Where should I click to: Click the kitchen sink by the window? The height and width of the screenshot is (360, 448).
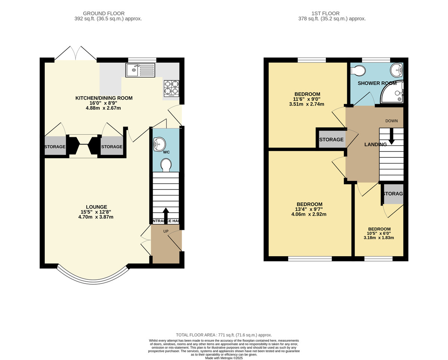tap(140, 70)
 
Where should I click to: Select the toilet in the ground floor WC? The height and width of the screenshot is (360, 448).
tap(166, 165)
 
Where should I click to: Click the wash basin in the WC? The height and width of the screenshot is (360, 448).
tap(159, 144)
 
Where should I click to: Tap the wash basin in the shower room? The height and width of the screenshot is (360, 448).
tap(396, 70)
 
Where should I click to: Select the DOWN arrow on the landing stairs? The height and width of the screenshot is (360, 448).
tap(392, 136)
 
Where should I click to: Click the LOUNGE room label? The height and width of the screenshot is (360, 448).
tap(96, 207)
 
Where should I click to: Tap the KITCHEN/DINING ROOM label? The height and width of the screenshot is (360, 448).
tap(104, 98)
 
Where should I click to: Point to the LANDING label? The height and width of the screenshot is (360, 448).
tap(375, 144)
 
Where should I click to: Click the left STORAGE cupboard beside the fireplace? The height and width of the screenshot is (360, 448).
tap(55, 147)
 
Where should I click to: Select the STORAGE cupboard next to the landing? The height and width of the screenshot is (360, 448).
tap(331, 140)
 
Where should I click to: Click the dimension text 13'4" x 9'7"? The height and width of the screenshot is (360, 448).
tap(309, 209)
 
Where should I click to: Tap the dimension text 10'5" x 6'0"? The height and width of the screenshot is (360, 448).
tap(379, 234)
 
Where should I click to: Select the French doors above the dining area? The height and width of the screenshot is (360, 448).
tap(76, 53)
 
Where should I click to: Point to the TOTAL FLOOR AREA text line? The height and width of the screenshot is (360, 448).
tap(224, 335)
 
